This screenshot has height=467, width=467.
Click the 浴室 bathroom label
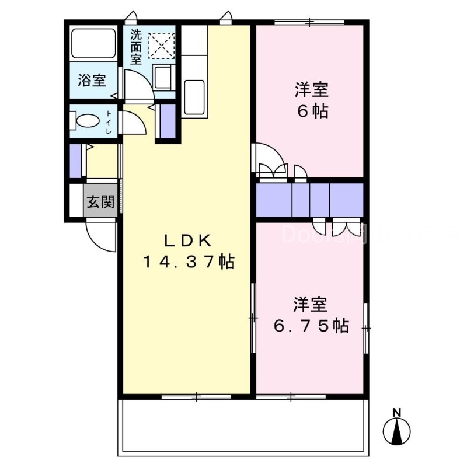point(92,81)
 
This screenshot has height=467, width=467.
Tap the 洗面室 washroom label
point(135,47)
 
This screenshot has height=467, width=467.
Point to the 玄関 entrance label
point(100,203)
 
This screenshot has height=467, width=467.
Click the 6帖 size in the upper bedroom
point(312,111)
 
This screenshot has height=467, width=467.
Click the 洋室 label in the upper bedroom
point(311,90)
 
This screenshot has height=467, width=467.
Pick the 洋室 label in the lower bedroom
point(310,305)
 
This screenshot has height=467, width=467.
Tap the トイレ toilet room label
point(109,123)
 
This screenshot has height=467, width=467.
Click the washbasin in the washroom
point(162,76)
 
